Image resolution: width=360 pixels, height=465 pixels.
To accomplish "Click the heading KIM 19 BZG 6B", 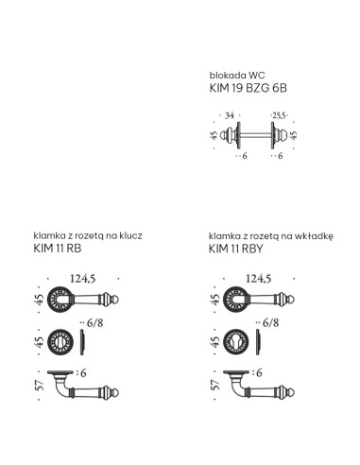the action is (249, 88).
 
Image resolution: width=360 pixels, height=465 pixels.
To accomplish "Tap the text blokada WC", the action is (237, 76).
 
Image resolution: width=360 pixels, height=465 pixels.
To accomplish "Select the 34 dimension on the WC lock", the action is (230, 115).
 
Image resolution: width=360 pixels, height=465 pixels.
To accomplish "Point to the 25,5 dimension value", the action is (279, 115).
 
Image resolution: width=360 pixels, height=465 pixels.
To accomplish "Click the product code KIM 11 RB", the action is (58, 249).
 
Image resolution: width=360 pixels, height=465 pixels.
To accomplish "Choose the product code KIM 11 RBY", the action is (236, 249).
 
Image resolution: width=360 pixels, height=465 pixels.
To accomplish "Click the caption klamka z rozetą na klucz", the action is (88, 235).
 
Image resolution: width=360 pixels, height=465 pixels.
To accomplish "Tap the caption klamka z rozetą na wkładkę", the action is (271, 236).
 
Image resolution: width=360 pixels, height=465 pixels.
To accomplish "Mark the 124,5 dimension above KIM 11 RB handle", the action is (82, 279).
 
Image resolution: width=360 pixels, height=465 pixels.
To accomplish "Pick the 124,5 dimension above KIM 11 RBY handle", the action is (258, 279).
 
